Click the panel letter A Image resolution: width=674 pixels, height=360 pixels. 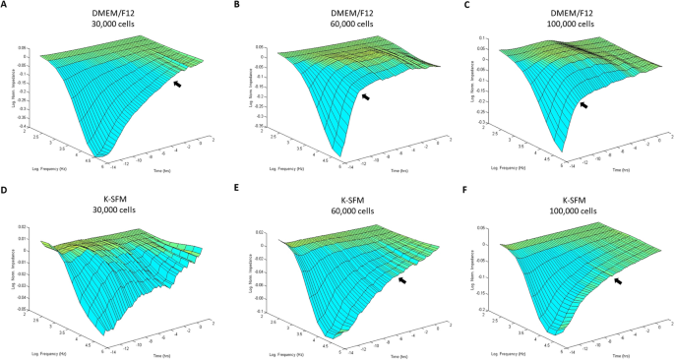point(6,6)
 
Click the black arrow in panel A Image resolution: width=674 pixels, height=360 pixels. point(177,86)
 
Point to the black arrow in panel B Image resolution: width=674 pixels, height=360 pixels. point(367,96)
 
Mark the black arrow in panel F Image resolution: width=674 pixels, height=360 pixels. point(617,281)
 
